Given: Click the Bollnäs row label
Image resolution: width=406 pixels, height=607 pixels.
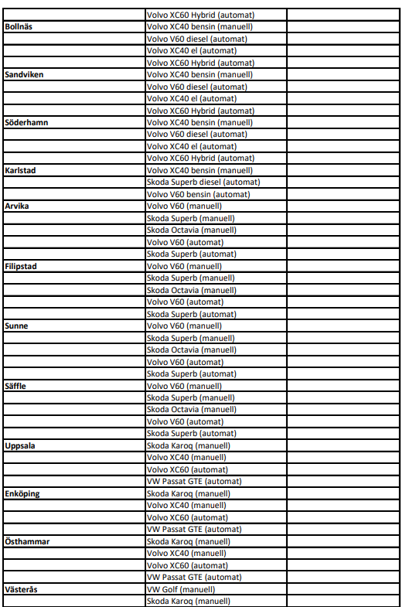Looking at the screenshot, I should click(x=19, y=27).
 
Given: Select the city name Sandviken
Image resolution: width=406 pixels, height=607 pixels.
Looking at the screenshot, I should click(x=23, y=75).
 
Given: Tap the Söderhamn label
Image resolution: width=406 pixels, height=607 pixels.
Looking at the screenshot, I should click(x=25, y=122).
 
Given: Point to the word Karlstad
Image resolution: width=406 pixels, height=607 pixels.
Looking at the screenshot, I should click(x=21, y=170).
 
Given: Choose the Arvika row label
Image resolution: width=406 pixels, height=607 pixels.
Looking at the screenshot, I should click(x=17, y=206).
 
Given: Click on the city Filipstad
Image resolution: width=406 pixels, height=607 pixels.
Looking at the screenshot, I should click(x=21, y=266).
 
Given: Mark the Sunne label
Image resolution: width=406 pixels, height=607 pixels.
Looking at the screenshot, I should click(x=16, y=326).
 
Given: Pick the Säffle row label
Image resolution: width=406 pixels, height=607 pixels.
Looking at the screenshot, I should click(x=16, y=386).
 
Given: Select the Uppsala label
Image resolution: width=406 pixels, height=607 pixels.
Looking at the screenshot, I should click(x=19, y=446).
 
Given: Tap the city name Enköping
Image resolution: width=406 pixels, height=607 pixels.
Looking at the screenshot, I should click(x=22, y=493).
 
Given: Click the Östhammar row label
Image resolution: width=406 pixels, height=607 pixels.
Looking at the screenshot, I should click(x=27, y=541).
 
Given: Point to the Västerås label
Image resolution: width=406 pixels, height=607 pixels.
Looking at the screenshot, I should click(x=21, y=589).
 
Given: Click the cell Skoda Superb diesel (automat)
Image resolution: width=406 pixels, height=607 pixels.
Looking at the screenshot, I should click(x=203, y=182).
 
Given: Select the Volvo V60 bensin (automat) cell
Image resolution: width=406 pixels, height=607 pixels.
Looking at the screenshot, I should click(x=198, y=194).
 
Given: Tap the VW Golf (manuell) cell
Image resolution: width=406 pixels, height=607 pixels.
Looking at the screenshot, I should click(x=181, y=589).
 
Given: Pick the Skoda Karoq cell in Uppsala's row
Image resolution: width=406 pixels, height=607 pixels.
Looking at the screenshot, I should click(x=186, y=446).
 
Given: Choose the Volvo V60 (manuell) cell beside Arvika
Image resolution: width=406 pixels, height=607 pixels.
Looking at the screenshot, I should click(x=184, y=206).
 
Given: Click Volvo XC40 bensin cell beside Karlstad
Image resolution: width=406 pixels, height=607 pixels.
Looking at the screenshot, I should click(x=200, y=170).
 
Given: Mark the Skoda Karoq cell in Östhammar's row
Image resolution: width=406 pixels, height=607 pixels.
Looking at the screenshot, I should click(x=186, y=541).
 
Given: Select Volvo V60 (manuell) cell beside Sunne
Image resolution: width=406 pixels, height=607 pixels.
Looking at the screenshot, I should click(x=184, y=326).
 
